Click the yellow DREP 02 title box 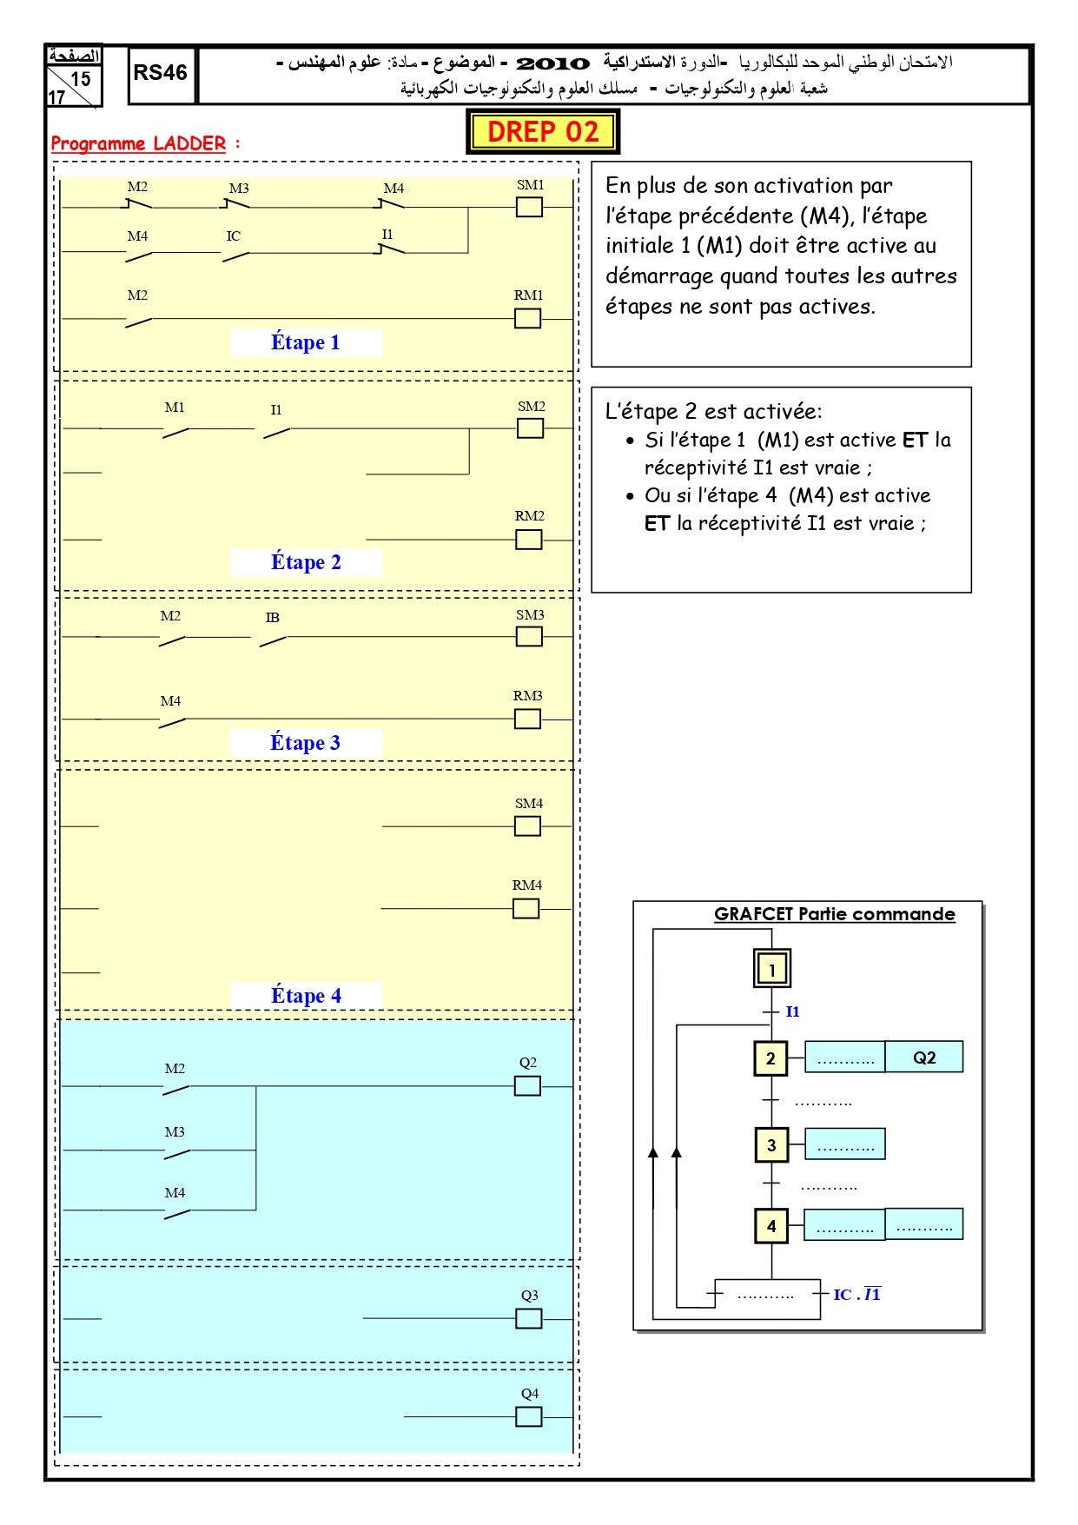(x=543, y=131)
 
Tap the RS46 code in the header (x=160, y=73)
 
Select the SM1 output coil (x=529, y=207)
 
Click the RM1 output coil (x=527, y=319)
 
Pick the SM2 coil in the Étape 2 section (x=530, y=428)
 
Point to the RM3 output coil (x=527, y=719)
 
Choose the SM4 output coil (x=527, y=825)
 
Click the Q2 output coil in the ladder (x=527, y=1086)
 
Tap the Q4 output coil (x=528, y=1416)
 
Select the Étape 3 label (x=305, y=743)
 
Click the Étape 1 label (x=305, y=342)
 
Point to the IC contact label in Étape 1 (x=234, y=236)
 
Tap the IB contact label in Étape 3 (x=273, y=618)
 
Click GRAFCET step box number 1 (x=771, y=969)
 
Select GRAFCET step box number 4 (x=771, y=1226)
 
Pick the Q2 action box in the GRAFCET (x=924, y=1057)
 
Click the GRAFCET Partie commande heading (x=834, y=914)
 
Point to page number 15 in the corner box (x=81, y=79)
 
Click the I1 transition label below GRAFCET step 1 (x=792, y=1011)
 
